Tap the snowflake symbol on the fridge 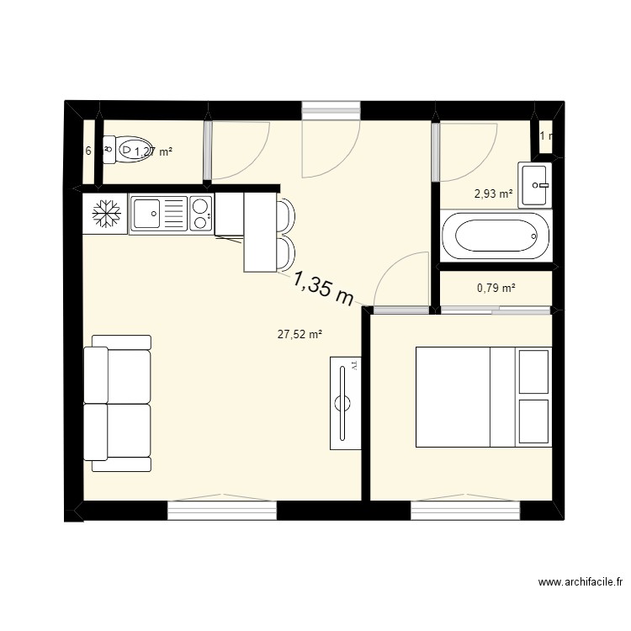(x=105, y=214)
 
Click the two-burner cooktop (x=201, y=213)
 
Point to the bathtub (x=496, y=238)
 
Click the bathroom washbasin (x=535, y=183)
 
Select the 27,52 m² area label (x=300, y=334)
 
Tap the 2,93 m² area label (x=494, y=194)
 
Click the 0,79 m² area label (x=496, y=288)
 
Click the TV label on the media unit (x=354, y=366)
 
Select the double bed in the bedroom (x=484, y=396)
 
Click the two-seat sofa (x=118, y=404)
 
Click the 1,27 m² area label (x=153, y=151)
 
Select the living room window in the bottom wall (x=222, y=510)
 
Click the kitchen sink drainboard (x=175, y=213)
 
